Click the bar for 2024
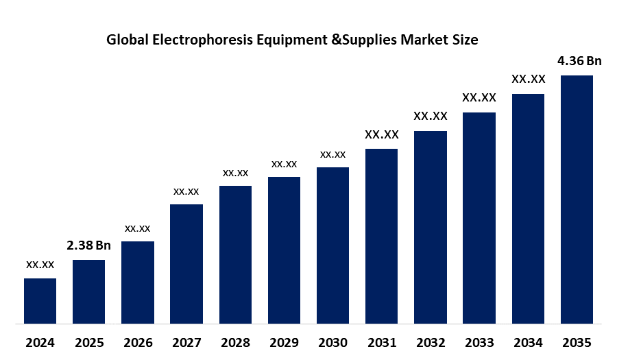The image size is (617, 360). [40, 300]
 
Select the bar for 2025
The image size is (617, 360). [88, 291]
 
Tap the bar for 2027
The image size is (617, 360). [186, 263]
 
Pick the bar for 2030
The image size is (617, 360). [332, 245]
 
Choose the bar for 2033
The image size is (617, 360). [479, 217]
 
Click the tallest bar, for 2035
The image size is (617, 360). [577, 199]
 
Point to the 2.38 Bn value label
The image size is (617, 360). [88, 245]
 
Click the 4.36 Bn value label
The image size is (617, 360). [579, 61]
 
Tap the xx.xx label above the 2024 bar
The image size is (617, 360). [40, 264]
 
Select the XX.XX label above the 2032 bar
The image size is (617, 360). [431, 117]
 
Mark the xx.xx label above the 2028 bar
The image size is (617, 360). [235, 172]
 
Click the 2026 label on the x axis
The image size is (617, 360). [137, 342]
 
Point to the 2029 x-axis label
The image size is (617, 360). [284, 342]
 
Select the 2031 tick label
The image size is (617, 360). [381, 342]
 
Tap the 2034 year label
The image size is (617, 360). [528, 342]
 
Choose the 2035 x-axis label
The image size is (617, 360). [577, 342]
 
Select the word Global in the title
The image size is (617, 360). [128, 40]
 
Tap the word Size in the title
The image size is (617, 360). [465, 40]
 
